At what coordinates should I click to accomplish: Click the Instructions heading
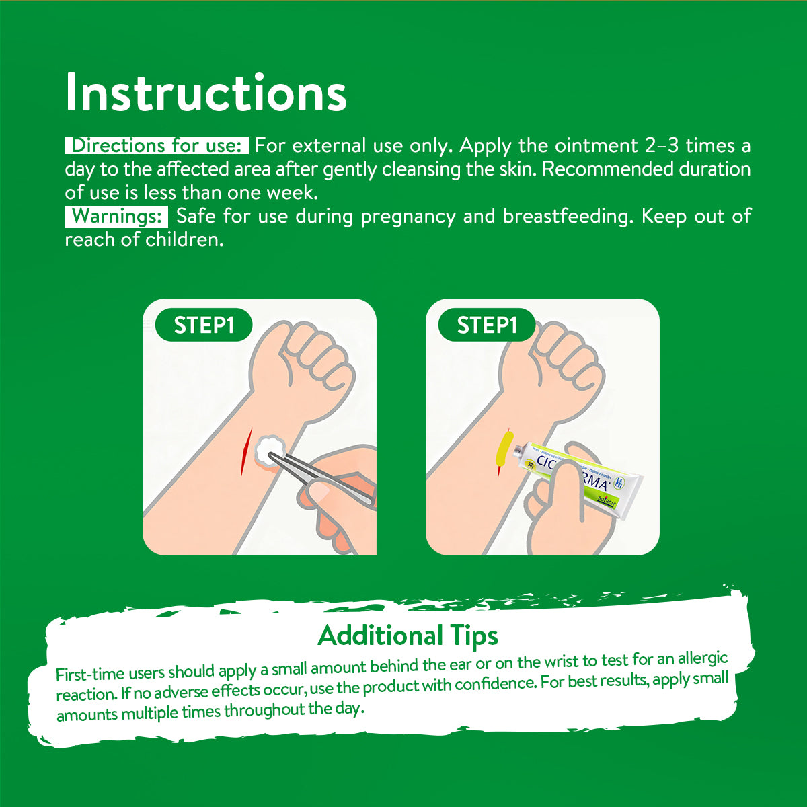click(206, 93)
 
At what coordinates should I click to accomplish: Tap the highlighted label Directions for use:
click(157, 145)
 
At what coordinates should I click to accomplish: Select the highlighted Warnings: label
click(116, 217)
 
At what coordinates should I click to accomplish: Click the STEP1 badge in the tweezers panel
click(204, 325)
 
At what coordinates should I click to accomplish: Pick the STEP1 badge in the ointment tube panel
click(487, 325)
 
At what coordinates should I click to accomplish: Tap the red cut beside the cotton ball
click(246, 452)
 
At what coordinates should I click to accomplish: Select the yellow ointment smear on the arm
click(504, 450)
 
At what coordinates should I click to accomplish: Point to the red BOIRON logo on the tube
click(606, 501)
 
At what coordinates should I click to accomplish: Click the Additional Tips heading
click(408, 636)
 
